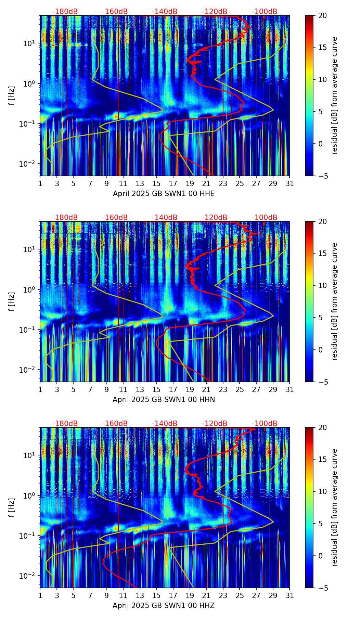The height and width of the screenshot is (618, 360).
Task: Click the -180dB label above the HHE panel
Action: pyautogui.click(x=65, y=12)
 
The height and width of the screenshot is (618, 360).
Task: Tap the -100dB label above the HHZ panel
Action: pyautogui.click(x=265, y=424)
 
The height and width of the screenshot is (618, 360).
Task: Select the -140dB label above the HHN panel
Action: pyautogui.click(x=165, y=218)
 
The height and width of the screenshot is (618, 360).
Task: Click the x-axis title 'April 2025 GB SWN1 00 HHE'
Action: pyautogui.click(x=164, y=194)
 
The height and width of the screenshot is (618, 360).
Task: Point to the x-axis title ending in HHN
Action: pyautogui.click(x=164, y=400)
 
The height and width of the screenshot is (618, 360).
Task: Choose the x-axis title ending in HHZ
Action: pyautogui.click(x=164, y=606)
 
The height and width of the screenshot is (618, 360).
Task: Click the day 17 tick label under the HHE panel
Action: pyautogui.click(x=173, y=183)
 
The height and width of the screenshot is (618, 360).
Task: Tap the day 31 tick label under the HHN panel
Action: pyautogui.click(x=290, y=389)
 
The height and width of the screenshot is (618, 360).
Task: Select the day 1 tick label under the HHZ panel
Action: pyautogui.click(x=40, y=595)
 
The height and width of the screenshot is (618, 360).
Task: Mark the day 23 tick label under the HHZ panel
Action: pyautogui.click(x=223, y=595)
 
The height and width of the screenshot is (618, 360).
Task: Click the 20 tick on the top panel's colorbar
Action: pyautogui.click(x=322, y=16)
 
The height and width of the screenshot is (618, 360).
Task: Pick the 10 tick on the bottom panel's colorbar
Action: pyautogui.click(x=322, y=491)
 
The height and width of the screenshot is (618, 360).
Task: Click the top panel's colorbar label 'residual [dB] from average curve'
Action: pyautogui.click(x=334, y=95)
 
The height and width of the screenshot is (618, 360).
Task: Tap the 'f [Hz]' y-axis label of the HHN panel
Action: pyautogui.click(x=12, y=301)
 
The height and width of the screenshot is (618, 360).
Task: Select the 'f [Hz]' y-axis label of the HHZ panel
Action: pyautogui.click(x=12, y=507)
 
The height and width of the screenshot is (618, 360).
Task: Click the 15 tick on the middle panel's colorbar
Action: pyautogui.click(x=322, y=254)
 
